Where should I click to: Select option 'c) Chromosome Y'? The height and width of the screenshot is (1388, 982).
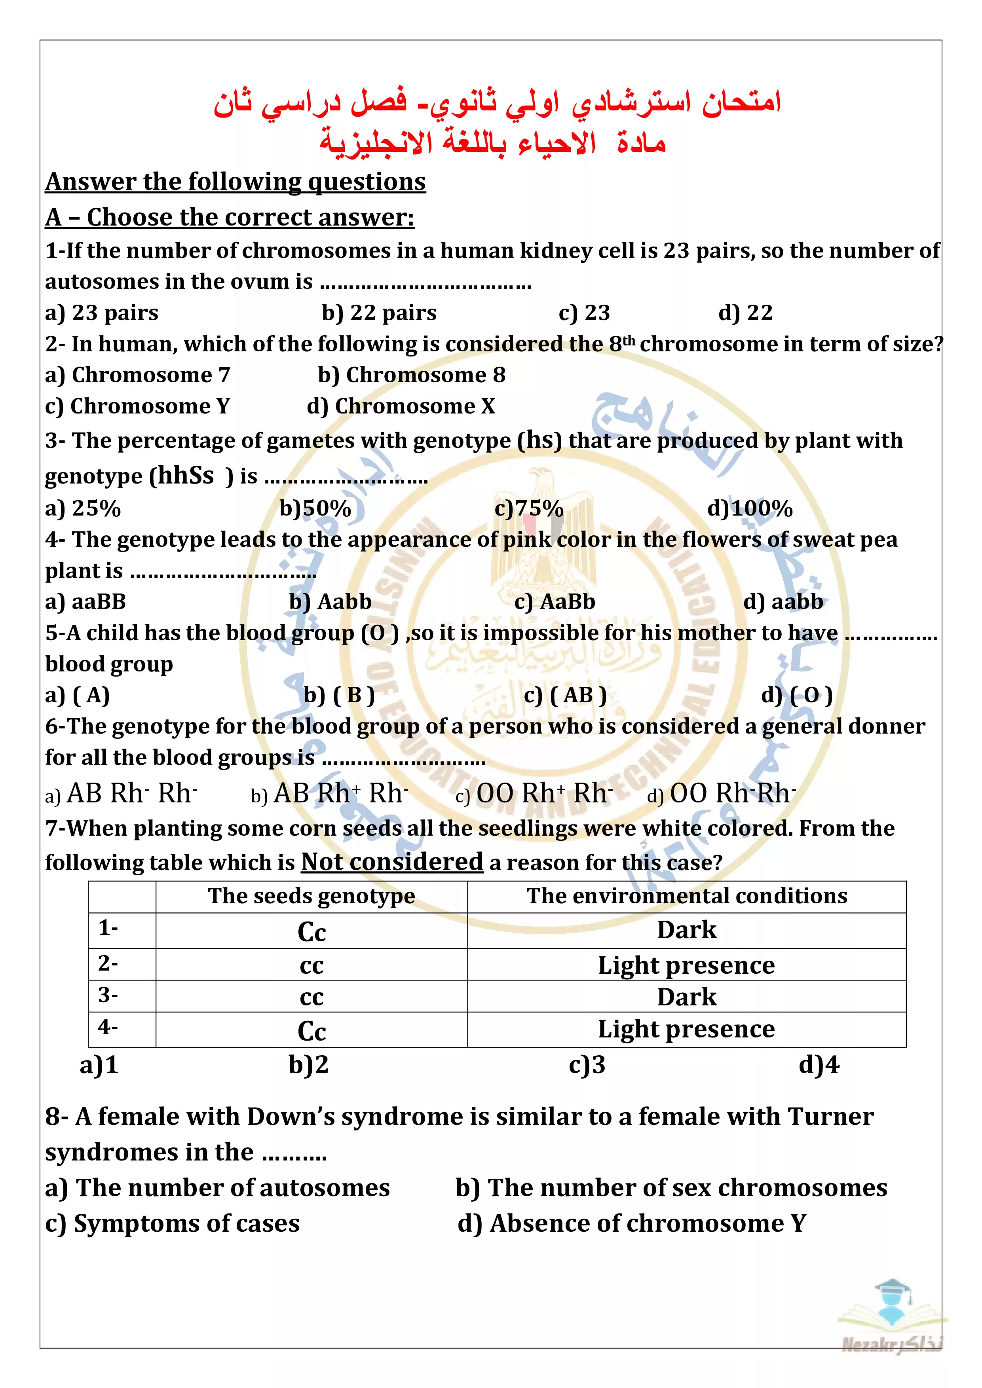(x=137, y=406)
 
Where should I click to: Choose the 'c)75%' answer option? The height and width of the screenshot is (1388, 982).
(x=528, y=509)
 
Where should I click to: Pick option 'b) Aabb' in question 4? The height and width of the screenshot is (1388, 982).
(x=330, y=602)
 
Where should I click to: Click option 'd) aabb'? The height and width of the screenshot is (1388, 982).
(x=783, y=602)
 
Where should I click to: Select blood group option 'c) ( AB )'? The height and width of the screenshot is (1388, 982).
(x=565, y=695)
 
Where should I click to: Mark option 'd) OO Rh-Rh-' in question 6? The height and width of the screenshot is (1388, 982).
(x=722, y=794)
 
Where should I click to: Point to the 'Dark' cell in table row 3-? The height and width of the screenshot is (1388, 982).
(x=686, y=997)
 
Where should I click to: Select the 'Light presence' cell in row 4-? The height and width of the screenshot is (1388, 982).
(x=686, y=1030)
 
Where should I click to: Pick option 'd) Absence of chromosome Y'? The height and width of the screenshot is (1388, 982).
(x=632, y=1223)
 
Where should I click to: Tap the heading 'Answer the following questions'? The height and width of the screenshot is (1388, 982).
(x=235, y=182)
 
